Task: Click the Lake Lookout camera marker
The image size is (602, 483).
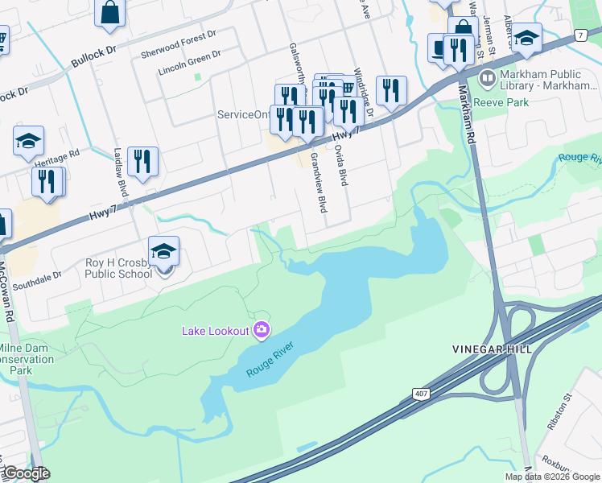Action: point(261,329)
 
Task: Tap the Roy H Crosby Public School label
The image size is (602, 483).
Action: point(118,268)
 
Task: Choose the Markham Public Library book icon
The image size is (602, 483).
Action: point(486,79)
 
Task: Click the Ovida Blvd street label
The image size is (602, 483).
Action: point(340,166)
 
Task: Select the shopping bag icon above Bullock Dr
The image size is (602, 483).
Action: point(109,14)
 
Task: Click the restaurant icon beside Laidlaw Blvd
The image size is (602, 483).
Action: point(142,160)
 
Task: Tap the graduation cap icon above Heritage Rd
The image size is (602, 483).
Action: point(28,142)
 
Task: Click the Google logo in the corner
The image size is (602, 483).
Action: point(27,473)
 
